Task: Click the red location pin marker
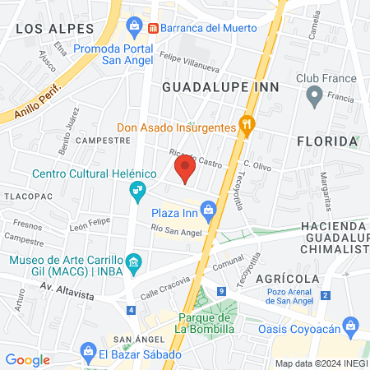coord(185,170)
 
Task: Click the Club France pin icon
coord(313,96)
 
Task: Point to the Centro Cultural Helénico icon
coord(137,191)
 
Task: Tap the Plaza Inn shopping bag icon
coord(209,212)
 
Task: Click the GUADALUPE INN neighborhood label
coord(220,86)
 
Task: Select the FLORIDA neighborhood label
coord(327,141)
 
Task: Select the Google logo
coord(27,359)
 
